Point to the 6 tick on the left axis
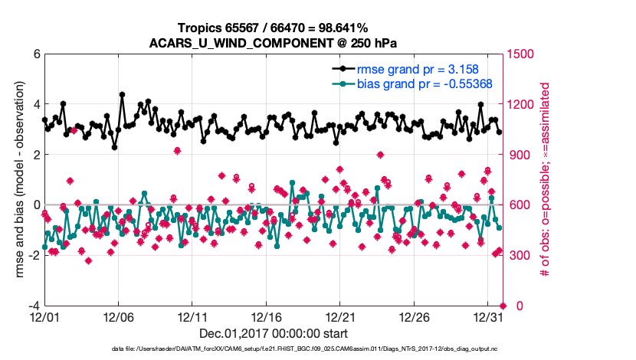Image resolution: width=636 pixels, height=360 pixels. [36, 54]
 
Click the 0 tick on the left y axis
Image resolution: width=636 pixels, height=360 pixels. [36, 205]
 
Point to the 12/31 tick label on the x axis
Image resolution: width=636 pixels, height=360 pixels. [488, 317]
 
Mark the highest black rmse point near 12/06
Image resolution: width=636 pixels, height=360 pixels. [123, 95]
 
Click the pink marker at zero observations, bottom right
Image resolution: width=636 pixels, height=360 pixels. [502, 306]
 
